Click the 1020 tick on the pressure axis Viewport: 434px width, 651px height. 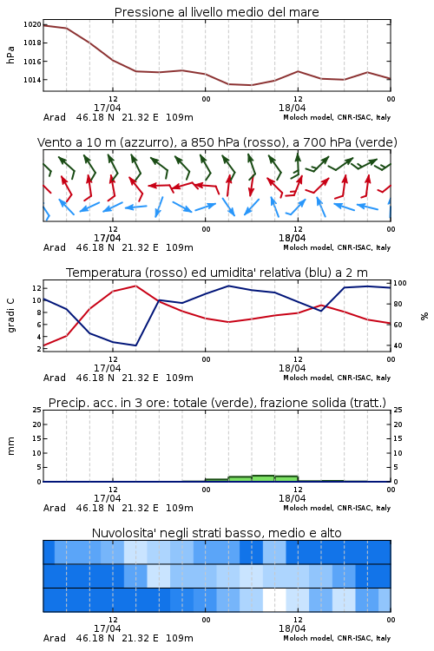click(x=32, y=24)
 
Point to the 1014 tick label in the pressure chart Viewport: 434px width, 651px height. click(x=32, y=80)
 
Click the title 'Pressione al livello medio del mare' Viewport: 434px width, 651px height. click(x=217, y=12)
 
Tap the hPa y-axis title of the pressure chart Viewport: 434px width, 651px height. click(x=10, y=55)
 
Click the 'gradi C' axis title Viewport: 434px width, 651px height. click(x=11, y=315)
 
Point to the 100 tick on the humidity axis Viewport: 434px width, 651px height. click(x=400, y=283)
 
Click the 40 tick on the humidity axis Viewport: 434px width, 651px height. click(x=398, y=345)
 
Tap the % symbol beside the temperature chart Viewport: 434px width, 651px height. click(x=424, y=316)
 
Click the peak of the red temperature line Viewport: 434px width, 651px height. click(x=135, y=286)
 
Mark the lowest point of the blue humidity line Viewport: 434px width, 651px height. click(x=135, y=345)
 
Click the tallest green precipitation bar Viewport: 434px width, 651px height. click(x=263, y=478)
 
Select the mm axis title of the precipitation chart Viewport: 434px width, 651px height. click(x=10, y=446)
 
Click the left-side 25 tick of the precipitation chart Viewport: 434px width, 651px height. click(x=37, y=410)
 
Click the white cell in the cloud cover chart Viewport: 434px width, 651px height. click(x=274, y=600)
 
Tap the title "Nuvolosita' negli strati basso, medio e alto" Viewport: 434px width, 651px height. click(x=217, y=533)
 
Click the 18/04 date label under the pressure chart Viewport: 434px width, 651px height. click(x=292, y=108)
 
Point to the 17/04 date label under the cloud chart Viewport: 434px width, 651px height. click(x=107, y=628)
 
